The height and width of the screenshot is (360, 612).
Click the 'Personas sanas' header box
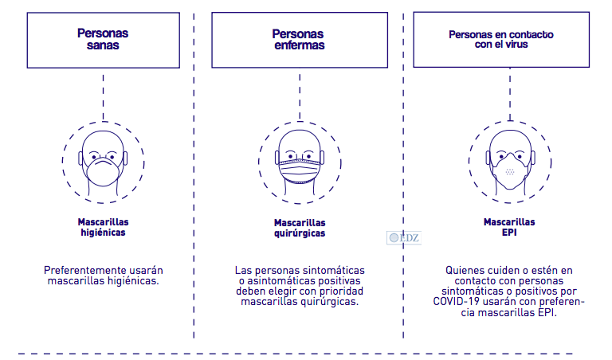(103, 40)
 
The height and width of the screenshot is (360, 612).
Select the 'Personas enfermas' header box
(299, 40)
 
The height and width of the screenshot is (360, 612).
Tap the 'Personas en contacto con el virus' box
(500, 40)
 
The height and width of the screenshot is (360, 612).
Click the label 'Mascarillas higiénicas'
(103, 227)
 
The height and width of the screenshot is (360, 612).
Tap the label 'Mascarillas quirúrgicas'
(299, 228)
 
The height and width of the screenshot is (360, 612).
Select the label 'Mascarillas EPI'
(508, 228)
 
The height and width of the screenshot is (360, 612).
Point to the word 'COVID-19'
(457, 302)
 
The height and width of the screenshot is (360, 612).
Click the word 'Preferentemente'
(85, 271)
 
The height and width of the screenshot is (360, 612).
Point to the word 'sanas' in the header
(103, 45)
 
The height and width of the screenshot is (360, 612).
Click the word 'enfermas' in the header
(299, 45)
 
